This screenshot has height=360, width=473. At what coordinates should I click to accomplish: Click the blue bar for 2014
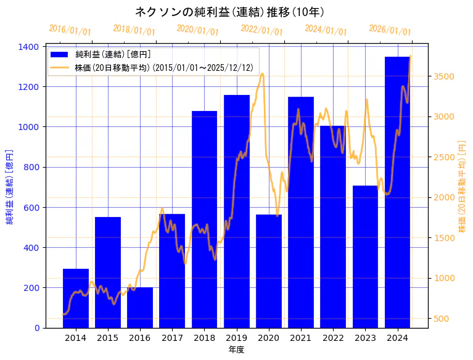pyautogui.click(x=76, y=298)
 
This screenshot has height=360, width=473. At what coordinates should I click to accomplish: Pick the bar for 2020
pyautogui.click(x=269, y=271)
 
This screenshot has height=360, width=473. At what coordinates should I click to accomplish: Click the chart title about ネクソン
pyautogui.click(x=229, y=12)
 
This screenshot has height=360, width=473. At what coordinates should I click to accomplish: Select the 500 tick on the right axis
pyautogui.click(x=441, y=319)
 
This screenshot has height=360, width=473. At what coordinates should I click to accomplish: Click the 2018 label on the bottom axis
pyautogui.click(x=204, y=338)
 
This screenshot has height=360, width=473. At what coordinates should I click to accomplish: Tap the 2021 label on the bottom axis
pyautogui.click(x=301, y=338)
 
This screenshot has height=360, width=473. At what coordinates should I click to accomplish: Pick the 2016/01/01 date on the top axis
pyautogui.click(x=70, y=30)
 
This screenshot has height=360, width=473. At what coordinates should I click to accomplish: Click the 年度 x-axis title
pyautogui.click(x=236, y=350)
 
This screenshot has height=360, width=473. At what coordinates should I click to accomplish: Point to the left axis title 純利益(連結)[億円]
pyautogui.click(x=9, y=187)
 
